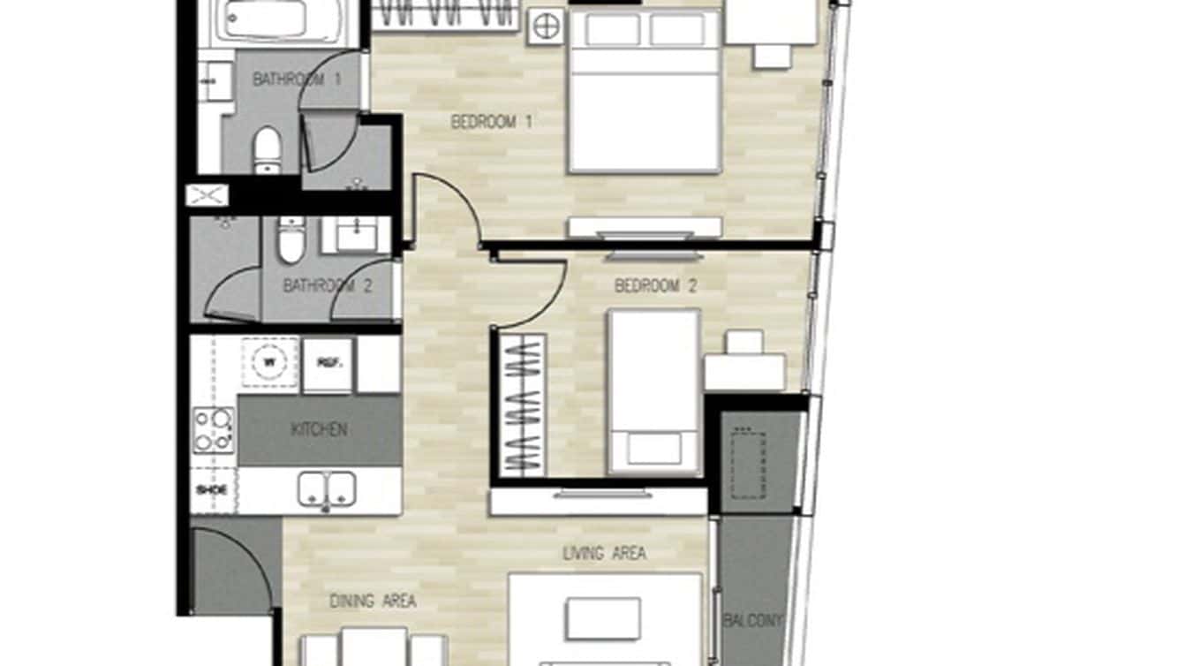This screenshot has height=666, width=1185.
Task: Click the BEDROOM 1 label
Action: coord(491,122)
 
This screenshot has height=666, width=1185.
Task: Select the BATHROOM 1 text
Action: coord(297,79)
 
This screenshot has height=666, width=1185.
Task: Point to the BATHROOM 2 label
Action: coord(320,286)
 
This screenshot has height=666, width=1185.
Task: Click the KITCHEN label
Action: coord(319,430)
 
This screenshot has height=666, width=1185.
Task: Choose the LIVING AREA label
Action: coord(604,554)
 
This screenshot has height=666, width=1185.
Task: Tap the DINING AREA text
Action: coord(373,602)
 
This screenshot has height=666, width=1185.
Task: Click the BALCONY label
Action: coord(753,621)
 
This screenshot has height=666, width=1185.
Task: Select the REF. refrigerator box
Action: coord(328,363)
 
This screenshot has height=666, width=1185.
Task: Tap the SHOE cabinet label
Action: coord(213,489)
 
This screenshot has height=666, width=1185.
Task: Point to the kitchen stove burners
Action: coord(213,429)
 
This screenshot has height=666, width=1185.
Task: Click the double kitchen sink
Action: coord(327,488)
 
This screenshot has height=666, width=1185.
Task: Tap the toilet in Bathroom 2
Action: coord(291,240)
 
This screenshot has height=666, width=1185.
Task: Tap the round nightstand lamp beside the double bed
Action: coord(545,27)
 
